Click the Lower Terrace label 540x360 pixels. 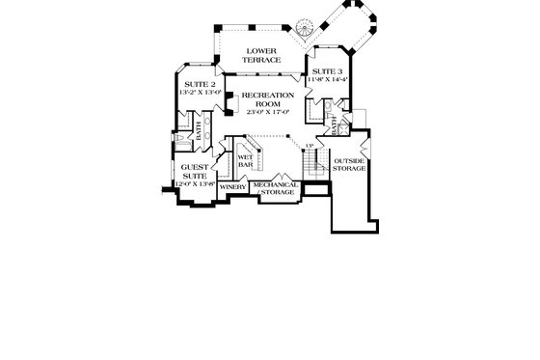pos(262,55)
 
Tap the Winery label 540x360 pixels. pos(232,186)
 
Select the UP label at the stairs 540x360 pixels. pos(310,147)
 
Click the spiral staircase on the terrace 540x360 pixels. pos(307,28)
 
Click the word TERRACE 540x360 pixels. pos(262,60)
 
